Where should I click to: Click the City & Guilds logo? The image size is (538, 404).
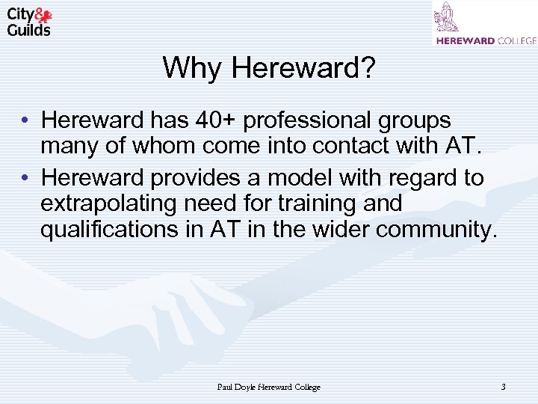pos(30,22)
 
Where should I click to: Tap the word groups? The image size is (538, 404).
pos(415,120)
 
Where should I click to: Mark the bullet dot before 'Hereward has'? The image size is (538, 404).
pos(25,120)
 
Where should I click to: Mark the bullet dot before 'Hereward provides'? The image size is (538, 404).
pos(25,178)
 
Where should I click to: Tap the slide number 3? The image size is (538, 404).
pos(503,387)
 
